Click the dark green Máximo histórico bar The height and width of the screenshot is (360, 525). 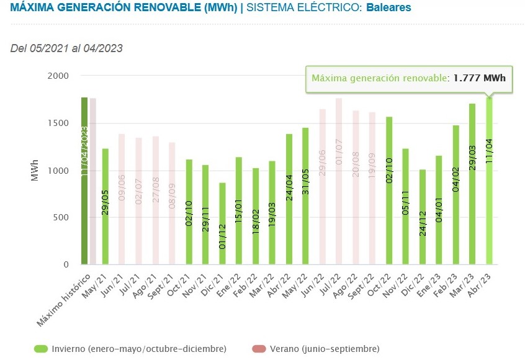84,181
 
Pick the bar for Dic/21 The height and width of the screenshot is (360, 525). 222,223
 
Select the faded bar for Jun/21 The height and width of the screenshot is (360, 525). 122,199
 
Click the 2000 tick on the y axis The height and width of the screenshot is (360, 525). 58,76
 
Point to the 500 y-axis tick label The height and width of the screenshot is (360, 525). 60,217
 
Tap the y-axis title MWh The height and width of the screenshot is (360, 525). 35,170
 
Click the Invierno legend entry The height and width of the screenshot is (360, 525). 130,349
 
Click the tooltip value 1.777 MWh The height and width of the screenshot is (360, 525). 479,78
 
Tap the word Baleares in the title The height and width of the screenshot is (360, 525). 388,8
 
